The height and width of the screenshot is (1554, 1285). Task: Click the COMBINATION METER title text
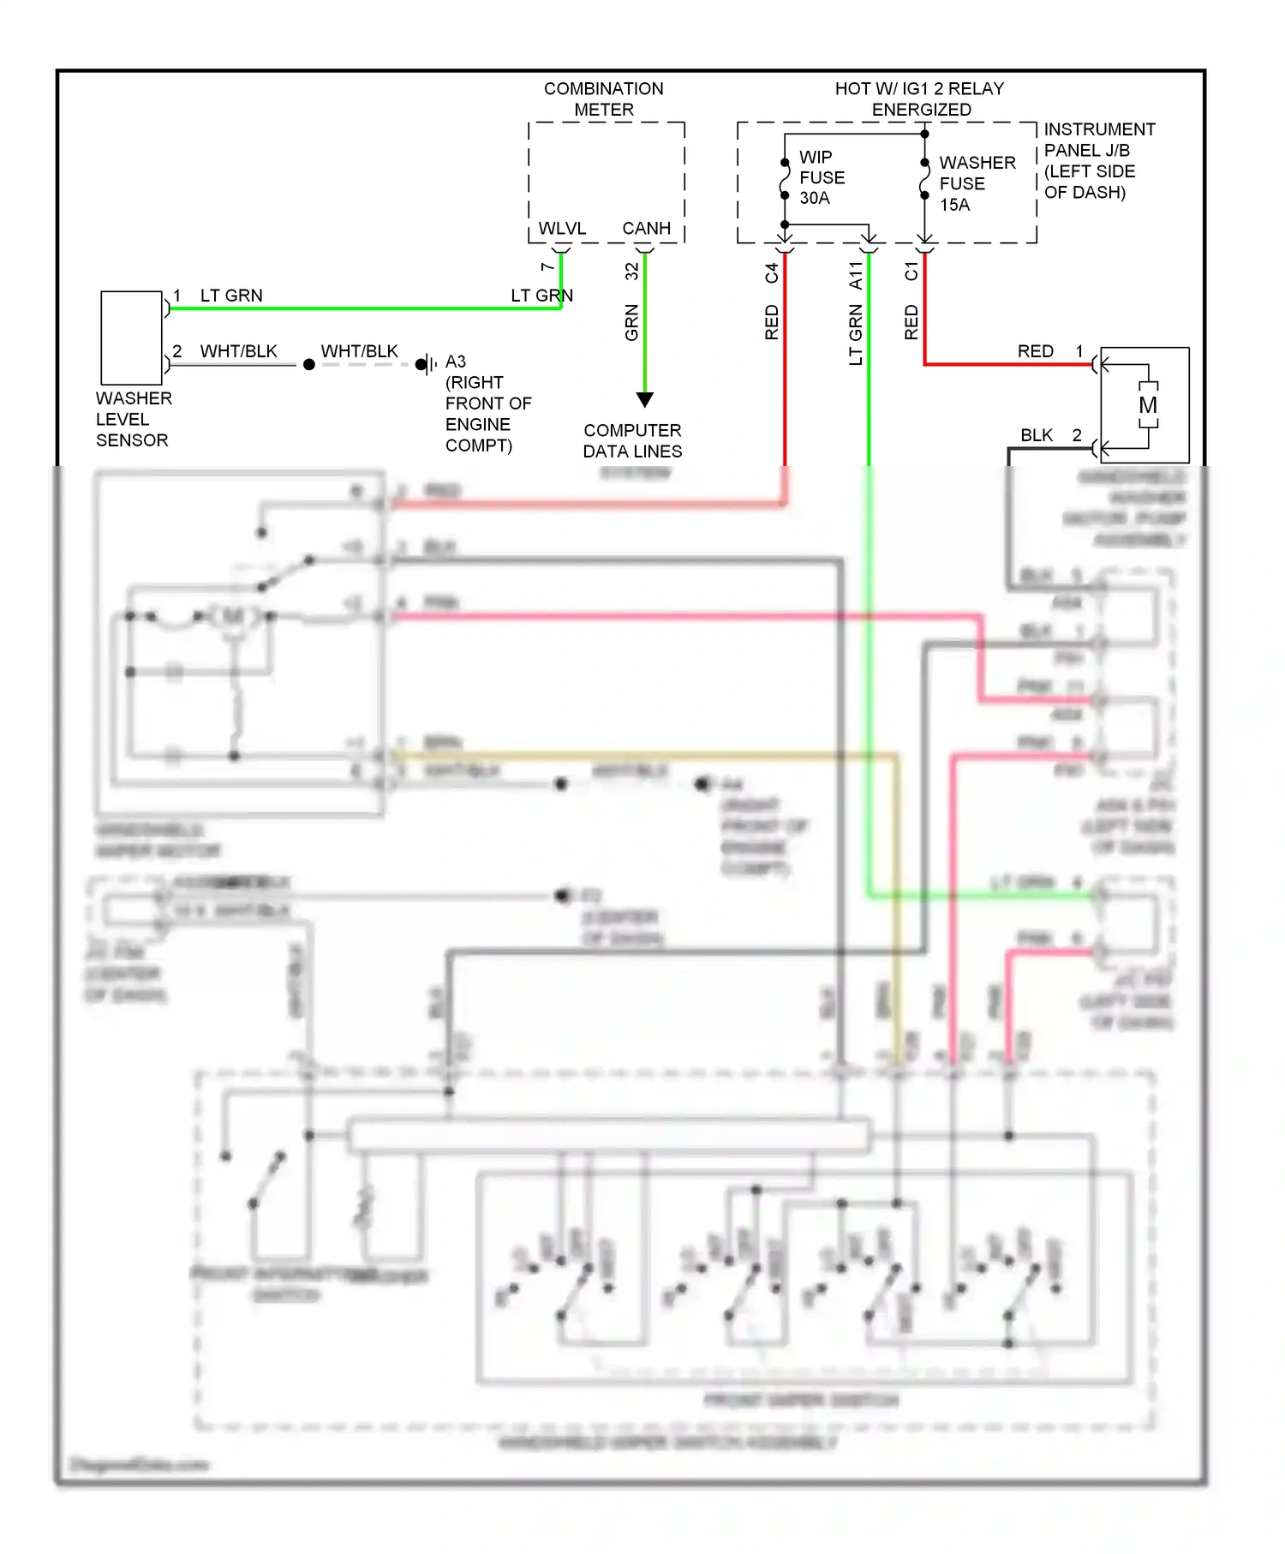point(604,99)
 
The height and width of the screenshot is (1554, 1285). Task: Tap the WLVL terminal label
point(562,229)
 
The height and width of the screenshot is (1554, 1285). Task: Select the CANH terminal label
point(646,229)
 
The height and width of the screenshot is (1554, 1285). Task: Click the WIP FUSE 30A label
point(821,177)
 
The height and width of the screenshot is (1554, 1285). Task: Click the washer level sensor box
point(131,338)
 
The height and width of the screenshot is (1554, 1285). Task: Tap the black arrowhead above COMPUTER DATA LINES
point(645,399)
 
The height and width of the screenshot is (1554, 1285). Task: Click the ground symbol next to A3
point(426,364)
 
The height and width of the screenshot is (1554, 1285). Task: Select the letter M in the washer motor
point(1148,405)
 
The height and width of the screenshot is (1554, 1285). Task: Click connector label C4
point(771,272)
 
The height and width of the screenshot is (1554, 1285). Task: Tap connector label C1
point(911,272)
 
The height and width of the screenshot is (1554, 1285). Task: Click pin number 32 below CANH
point(631,272)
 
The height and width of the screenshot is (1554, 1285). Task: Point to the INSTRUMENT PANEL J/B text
point(1098,160)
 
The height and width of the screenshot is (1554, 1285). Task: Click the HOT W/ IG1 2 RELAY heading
point(920,99)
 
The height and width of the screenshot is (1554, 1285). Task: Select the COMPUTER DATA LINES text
point(632,440)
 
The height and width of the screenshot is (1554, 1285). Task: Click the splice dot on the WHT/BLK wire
point(309,364)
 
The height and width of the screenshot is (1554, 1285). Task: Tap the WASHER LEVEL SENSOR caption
point(134,419)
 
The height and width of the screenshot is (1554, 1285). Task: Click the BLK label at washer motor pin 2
point(1036,435)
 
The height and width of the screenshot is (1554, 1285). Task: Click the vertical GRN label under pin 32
point(631,323)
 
